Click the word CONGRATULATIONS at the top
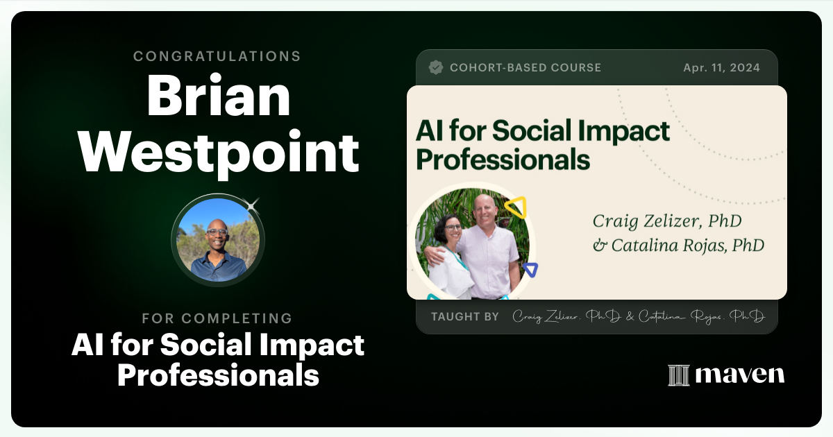pos(217,56)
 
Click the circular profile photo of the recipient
pos(218,240)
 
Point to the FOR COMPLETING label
pos(217,318)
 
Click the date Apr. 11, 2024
pos(721,67)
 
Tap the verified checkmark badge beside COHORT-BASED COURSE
pos(436,67)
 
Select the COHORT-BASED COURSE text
pos(525,67)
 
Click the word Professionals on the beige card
pos(503,160)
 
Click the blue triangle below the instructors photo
pos(530,269)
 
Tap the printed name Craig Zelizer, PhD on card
pos(667,222)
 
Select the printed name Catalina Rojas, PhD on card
pos(678,246)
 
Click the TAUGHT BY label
pos(465,317)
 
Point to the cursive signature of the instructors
pos(638,317)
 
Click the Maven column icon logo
pos(678,375)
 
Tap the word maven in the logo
pos(740,375)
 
